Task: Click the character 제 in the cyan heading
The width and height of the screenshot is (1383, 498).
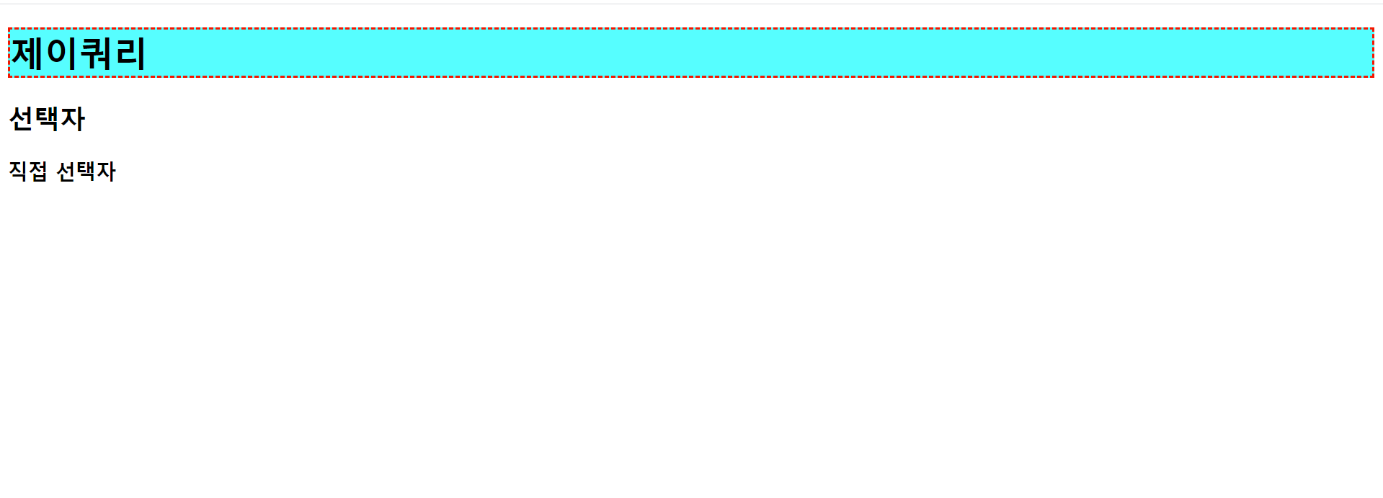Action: point(27,53)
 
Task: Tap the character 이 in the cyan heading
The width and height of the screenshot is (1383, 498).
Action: point(61,53)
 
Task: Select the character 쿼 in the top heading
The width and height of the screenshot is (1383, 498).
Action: point(95,53)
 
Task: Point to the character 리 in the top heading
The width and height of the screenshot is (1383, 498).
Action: point(130,53)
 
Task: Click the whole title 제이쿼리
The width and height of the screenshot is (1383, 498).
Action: point(78,53)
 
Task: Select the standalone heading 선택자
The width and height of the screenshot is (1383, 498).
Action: point(47,119)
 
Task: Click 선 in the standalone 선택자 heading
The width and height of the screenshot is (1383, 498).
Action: point(21,119)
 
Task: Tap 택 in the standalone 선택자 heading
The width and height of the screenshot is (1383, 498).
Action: point(47,119)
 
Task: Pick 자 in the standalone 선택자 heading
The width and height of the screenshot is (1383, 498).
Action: point(73,119)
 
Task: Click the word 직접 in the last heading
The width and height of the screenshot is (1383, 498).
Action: point(28,172)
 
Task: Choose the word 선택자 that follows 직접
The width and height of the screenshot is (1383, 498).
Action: point(86,172)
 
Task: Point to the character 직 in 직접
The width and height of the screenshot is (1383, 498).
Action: point(18,172)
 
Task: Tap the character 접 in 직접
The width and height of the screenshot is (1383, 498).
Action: point(38,172)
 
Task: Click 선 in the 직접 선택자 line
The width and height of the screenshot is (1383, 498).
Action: point(66,172)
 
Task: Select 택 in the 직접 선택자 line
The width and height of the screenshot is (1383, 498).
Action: point(86,172)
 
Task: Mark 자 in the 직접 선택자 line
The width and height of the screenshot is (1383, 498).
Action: point(106,172)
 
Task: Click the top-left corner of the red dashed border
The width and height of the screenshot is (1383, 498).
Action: point(9,29)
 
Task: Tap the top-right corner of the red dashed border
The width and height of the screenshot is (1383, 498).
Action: point(1373,29)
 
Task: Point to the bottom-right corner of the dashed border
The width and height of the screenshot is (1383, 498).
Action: point(1373,76)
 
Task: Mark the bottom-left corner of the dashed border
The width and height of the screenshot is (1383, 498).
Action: point(9,76)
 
